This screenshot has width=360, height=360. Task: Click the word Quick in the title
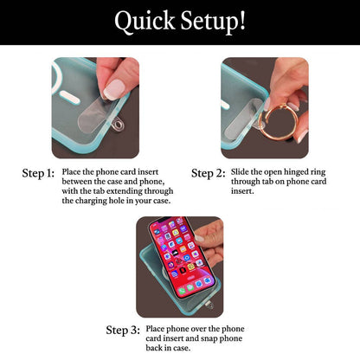(145, 21)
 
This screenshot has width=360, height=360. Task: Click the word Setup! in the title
(213, 21)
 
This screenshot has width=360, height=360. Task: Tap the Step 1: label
(38, 173)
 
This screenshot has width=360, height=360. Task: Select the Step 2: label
(208, 173)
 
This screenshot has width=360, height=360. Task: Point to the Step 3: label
(123, 330)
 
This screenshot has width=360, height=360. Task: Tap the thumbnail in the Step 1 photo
(114, 89)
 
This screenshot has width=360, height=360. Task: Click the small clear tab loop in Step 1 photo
(118, 125)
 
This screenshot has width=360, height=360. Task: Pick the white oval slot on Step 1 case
(69, 99)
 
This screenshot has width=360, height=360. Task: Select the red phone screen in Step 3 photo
(181, 256)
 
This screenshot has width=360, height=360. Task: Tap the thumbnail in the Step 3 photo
(199, 238)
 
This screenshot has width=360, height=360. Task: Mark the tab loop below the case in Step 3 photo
(209, 305)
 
